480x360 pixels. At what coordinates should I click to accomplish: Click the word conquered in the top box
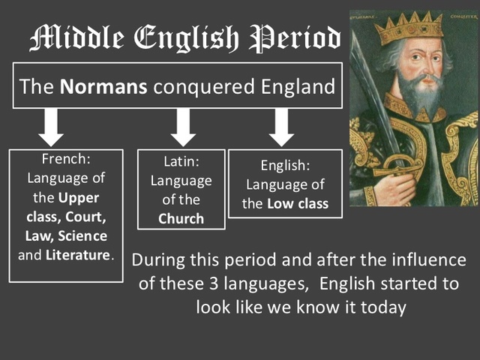[x=196, y=87]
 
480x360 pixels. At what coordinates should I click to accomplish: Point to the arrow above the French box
[x=51, y=127]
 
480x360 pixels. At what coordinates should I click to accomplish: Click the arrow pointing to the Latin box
[x=183, y=127]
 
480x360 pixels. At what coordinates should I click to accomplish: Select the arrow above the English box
[x=281, y=127]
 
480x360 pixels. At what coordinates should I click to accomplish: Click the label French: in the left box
[x=66, y=160]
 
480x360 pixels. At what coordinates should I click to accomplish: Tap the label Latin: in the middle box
[x=181, y=163]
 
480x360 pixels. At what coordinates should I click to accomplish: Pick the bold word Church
[x=181, y=219]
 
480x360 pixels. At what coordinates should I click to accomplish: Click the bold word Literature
[x=78, y=255]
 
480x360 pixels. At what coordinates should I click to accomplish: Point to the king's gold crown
[x=408, y=28]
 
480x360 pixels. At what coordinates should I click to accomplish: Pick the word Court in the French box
[x=90, y=217]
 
